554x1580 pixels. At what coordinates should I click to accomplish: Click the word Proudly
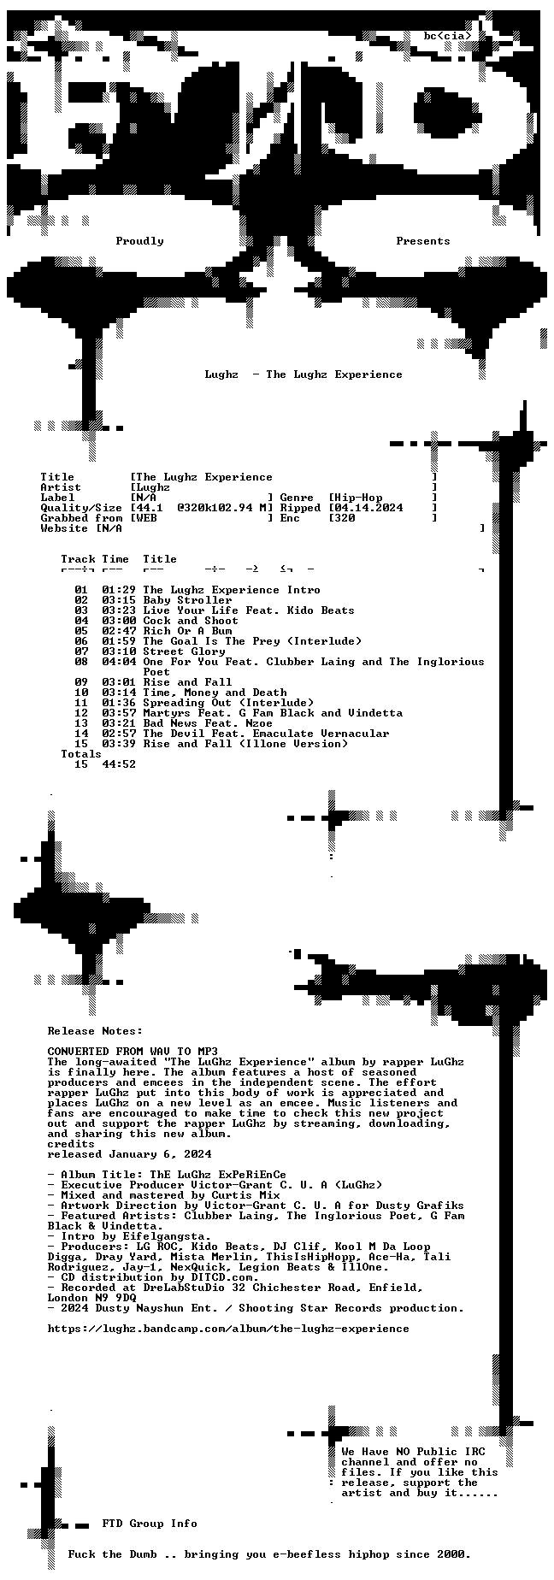coord(140,241)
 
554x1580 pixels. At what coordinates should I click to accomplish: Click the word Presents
coord(423,241)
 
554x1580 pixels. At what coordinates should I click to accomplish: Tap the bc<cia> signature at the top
coord(447,36)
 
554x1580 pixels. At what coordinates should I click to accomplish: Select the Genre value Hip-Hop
coord(359,498)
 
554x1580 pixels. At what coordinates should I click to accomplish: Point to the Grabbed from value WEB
coord(147,518)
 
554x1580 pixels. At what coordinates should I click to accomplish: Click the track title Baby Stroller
coord(188,600)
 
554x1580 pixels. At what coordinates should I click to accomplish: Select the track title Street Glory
coord(185,651)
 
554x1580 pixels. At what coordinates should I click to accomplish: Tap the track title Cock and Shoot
coord(192,621)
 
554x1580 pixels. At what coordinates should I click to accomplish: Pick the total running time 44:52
coord(120,764)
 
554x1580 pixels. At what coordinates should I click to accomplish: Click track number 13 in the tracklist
coord(82,723)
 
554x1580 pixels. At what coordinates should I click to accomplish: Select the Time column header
coord(116,559)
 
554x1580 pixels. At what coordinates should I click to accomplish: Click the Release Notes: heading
coord(96,1031)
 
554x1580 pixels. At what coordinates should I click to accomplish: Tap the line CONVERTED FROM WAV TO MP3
coord(133,1052)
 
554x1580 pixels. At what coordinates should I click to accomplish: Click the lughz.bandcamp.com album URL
coord(229,1329)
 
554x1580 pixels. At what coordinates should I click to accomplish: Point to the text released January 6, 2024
coord(130,1154)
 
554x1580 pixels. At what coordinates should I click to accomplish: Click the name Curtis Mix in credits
coord(246,1195)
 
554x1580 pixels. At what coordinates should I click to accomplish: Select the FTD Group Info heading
coord(150,1524)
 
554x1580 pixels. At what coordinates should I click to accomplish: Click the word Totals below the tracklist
coord(82,754)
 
